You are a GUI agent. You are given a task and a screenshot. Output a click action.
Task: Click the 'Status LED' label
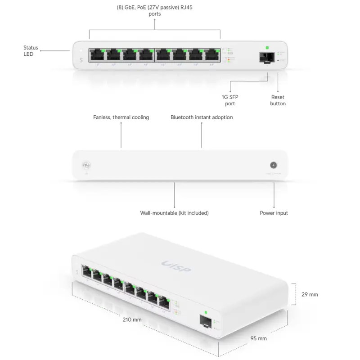tap(31, 51)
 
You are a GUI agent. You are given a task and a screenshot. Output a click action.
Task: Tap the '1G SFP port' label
tap(230, 100)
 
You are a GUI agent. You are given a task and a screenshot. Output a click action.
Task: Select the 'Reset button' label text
tap(278, 100)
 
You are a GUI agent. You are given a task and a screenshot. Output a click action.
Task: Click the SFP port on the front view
tap(267, 57)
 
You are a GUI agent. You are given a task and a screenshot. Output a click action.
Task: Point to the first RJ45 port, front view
tap(96, 55)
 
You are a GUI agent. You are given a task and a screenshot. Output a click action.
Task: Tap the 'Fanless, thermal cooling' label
tap(121, 117)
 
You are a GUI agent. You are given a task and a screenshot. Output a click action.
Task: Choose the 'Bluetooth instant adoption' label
tap(202, 117)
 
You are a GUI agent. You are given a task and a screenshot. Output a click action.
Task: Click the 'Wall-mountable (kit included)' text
tap(174, 213)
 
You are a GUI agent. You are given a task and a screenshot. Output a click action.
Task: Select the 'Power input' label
tap(274, 213)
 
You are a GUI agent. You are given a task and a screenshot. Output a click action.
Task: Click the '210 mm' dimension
tap(132, 320)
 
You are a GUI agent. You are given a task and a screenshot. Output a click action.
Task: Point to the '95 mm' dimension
tap(259, 338)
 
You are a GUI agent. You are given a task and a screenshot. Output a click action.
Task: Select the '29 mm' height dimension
tap(309, 295)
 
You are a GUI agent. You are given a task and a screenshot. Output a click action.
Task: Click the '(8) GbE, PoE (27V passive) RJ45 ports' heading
tap(154, 11)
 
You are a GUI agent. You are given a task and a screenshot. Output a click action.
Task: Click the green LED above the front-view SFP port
tap(267, 47)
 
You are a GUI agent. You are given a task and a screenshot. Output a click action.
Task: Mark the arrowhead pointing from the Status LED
tap(41, 51)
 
